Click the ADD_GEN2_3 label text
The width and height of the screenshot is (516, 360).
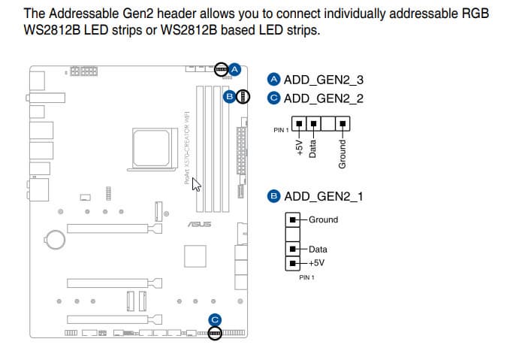[324, 80]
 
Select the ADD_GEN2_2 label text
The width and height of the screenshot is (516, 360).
[324, 98]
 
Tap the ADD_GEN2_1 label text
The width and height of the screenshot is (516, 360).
[324, 196]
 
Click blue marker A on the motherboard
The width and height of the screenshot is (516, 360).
[234, 69]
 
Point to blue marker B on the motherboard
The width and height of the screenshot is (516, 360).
[230, 96]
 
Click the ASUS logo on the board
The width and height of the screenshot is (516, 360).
[200, 224]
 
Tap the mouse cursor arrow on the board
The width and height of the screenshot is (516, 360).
[198, 183]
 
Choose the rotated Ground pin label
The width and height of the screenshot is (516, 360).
[342, 153]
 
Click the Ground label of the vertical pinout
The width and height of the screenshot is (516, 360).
[323, 219]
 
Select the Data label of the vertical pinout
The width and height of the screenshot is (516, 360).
[318, 249]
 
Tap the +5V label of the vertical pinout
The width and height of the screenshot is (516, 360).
[318, 263]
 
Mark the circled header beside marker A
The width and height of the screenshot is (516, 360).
[221, 69]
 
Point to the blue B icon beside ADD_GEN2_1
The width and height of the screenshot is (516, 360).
[273, 196]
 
